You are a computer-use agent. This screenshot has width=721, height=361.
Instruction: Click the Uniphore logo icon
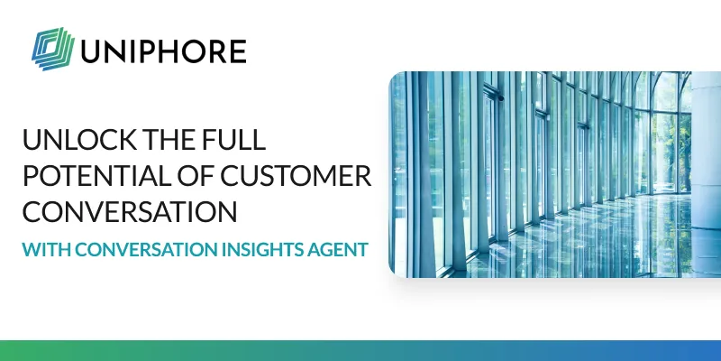click(x=51, y=47)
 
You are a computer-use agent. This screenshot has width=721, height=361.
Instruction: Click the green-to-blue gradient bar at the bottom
click(x=360, y=351)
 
